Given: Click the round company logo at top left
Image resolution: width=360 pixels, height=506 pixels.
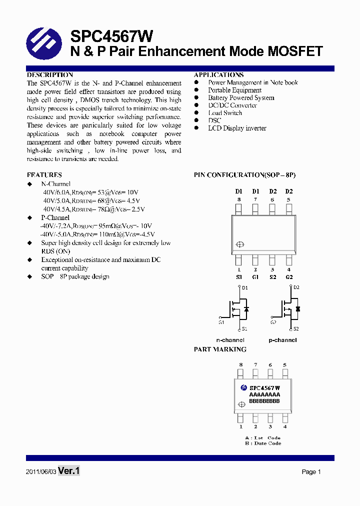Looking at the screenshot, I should pos(43,43).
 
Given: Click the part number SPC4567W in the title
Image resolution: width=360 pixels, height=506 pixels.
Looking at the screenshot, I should pos(111,36).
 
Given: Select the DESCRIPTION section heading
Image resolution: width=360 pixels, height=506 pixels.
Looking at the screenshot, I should pos(50,75).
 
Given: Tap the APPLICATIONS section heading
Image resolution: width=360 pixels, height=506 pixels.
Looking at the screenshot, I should pos(218,75).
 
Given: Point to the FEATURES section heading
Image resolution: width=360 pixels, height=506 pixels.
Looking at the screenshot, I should pos(44,175).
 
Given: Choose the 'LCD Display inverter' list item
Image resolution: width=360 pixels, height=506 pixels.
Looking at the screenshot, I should pos(237,128).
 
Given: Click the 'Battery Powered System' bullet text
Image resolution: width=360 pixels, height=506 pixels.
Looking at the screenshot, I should pos(241,98).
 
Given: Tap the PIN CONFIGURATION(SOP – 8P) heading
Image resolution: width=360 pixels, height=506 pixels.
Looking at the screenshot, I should pos(244,175).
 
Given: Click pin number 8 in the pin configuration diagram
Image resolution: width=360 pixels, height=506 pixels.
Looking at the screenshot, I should pos(239,199).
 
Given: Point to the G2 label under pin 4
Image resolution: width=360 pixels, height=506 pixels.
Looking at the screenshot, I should pos(289,277).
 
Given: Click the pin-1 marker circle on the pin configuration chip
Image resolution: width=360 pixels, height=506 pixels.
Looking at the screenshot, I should pos(239,244).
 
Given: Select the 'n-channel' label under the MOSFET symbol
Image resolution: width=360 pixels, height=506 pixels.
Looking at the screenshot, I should pos(230,340).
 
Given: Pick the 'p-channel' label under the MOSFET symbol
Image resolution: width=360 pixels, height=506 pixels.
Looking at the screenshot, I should pos(282,340).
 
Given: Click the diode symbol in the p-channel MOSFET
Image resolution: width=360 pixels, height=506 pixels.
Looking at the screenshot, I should pos(298,309).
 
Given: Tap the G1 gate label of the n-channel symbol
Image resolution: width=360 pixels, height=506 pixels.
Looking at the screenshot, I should pos(221,322).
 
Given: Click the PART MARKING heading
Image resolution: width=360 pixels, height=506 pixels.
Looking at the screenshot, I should pos(220,349).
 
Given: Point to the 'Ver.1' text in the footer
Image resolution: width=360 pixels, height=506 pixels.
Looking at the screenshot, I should pos(69,471).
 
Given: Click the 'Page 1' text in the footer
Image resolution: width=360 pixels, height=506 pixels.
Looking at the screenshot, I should pos(311,472).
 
